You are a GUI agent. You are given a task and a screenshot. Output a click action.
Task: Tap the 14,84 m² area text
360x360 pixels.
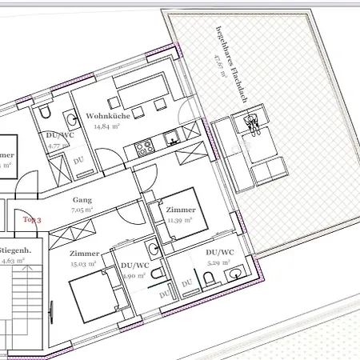106,126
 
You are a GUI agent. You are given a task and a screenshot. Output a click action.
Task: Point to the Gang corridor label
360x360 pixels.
82,200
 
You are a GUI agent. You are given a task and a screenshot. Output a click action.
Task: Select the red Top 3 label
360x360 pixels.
32,218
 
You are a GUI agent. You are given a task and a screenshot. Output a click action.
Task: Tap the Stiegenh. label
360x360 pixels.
16,250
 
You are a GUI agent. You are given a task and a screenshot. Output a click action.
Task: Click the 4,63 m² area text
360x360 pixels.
14,260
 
